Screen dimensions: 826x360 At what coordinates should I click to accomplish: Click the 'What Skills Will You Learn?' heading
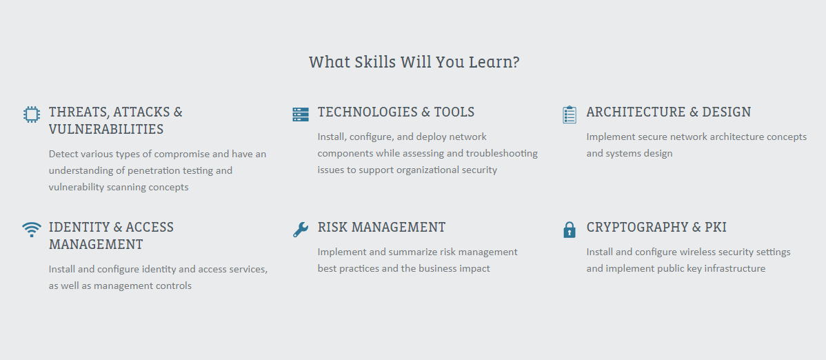414,62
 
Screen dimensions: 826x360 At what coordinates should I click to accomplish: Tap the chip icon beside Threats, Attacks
32,114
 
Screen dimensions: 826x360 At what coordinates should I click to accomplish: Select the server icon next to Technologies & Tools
300,114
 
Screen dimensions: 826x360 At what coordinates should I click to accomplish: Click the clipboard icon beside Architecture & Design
570,114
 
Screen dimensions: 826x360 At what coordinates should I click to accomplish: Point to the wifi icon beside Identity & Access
32,230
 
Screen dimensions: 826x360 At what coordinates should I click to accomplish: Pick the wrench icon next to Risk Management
300,230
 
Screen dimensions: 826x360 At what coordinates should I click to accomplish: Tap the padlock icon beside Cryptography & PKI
570,230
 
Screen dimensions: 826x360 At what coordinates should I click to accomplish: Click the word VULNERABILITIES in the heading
106,129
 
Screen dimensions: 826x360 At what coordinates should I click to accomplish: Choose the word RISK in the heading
333,227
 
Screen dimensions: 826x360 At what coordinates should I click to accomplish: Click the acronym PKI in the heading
716,227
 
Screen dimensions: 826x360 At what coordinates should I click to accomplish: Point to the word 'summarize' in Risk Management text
414,252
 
